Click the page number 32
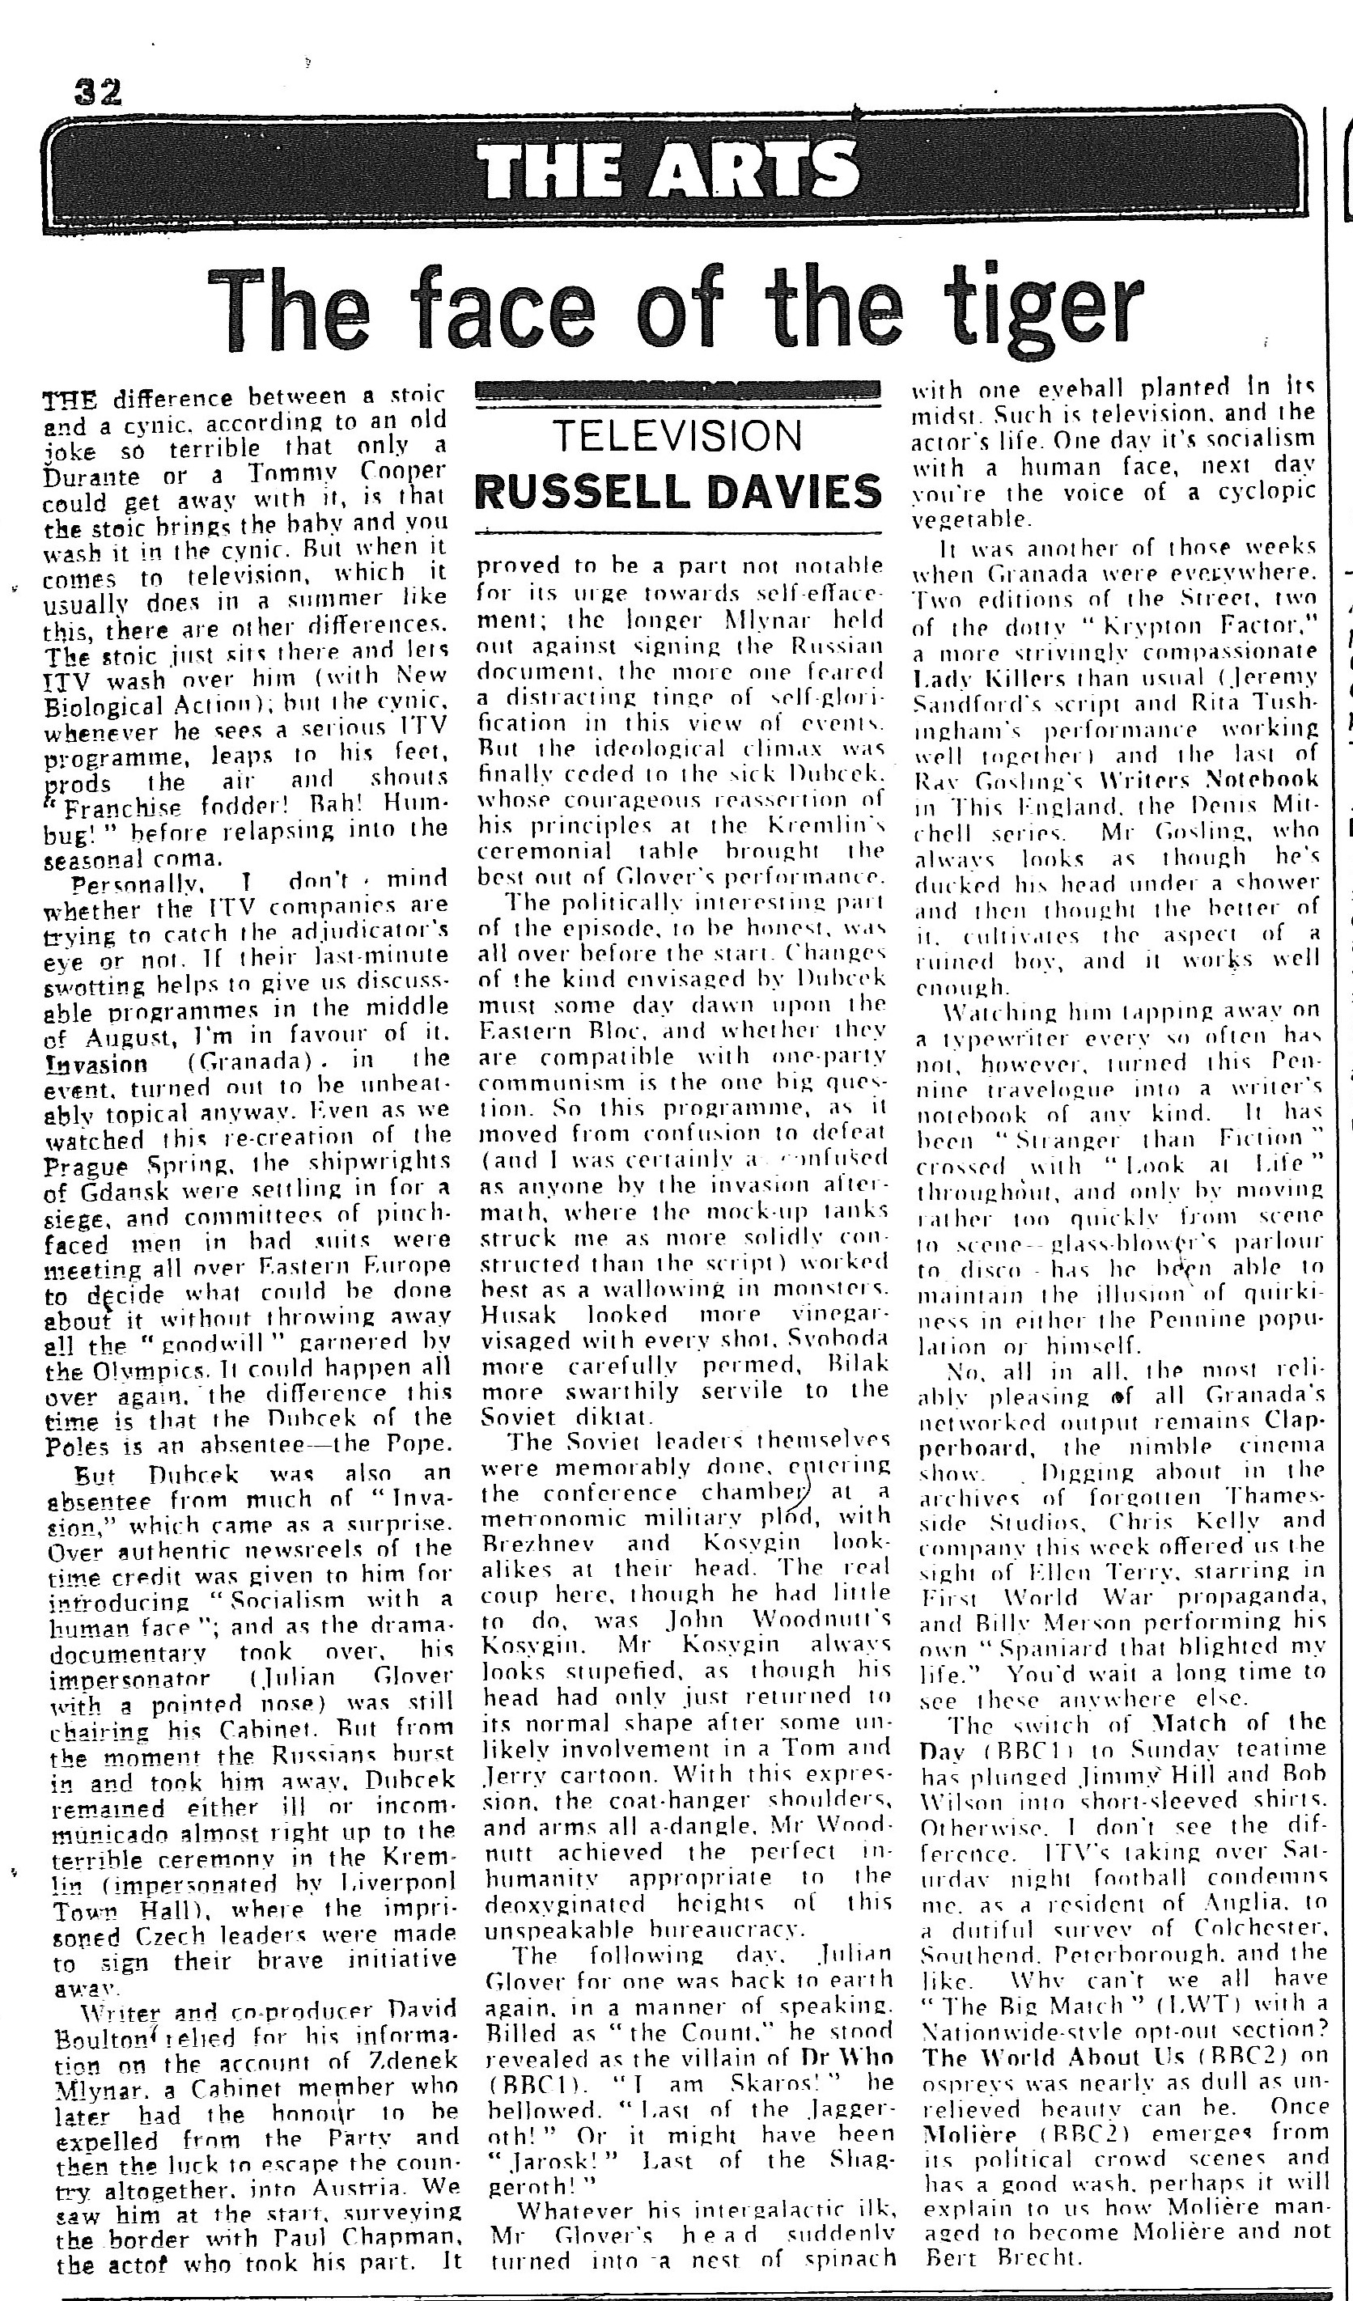point(98,93)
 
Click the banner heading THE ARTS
point(669,171)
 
